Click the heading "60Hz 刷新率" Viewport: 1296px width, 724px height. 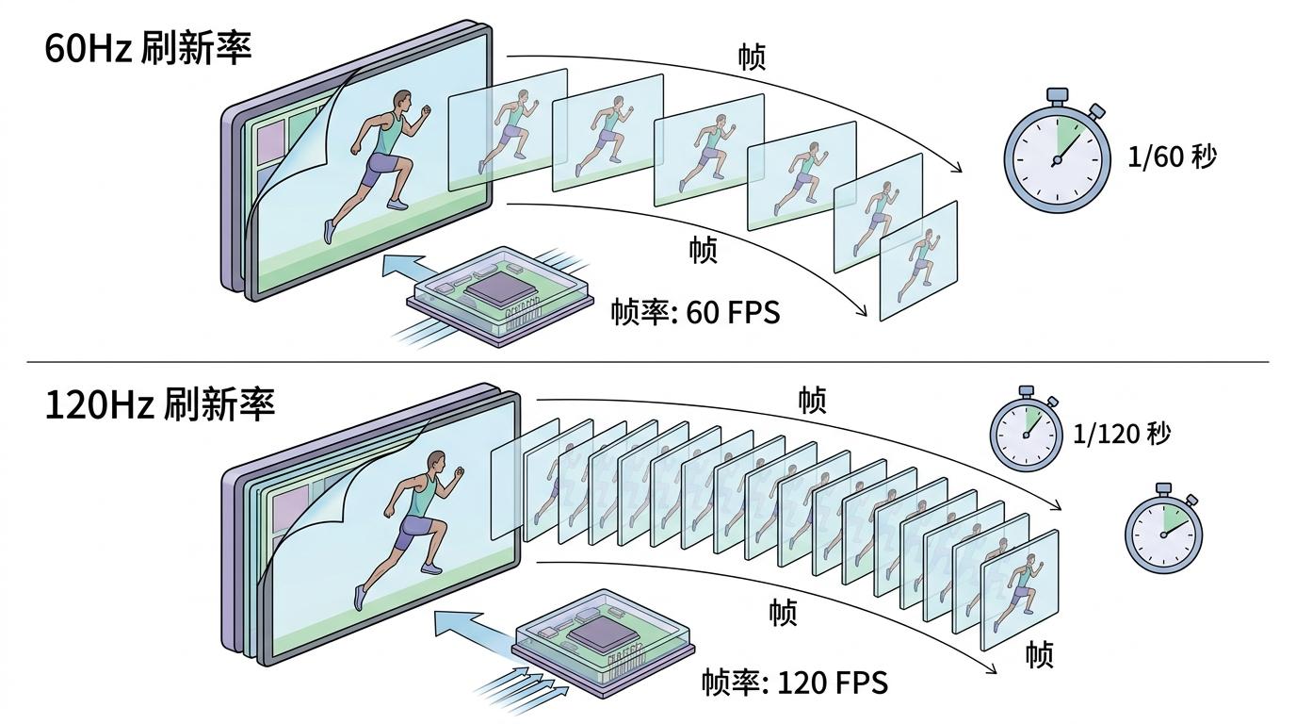click(149, 48)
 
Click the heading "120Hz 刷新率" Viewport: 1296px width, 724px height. click(160, 404)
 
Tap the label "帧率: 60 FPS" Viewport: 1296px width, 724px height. click(695, 312)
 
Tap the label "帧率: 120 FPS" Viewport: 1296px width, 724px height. click(794, 682)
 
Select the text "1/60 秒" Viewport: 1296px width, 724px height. click(1172, 156)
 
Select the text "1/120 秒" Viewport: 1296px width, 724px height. click(1122, 434)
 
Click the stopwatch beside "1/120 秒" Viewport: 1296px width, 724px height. click(1028, 431)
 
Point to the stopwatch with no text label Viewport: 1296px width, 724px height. click(1164, 531)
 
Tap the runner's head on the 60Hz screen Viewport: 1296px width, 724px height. click(402, 101)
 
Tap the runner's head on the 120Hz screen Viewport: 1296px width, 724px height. click(434, 461)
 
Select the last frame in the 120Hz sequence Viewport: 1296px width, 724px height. click(1020, 589)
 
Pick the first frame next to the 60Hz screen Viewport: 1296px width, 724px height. click(507, 130)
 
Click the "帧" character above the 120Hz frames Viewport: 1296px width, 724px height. click(811, 401)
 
